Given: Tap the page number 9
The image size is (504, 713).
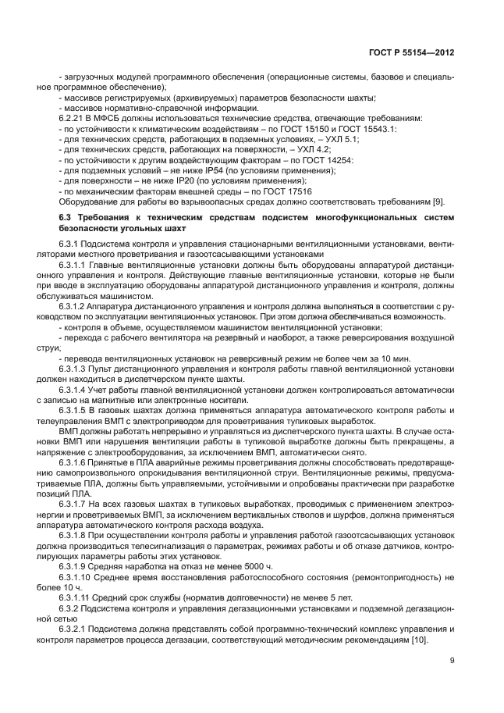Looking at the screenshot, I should pyautogui.click(x=452, y=661).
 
